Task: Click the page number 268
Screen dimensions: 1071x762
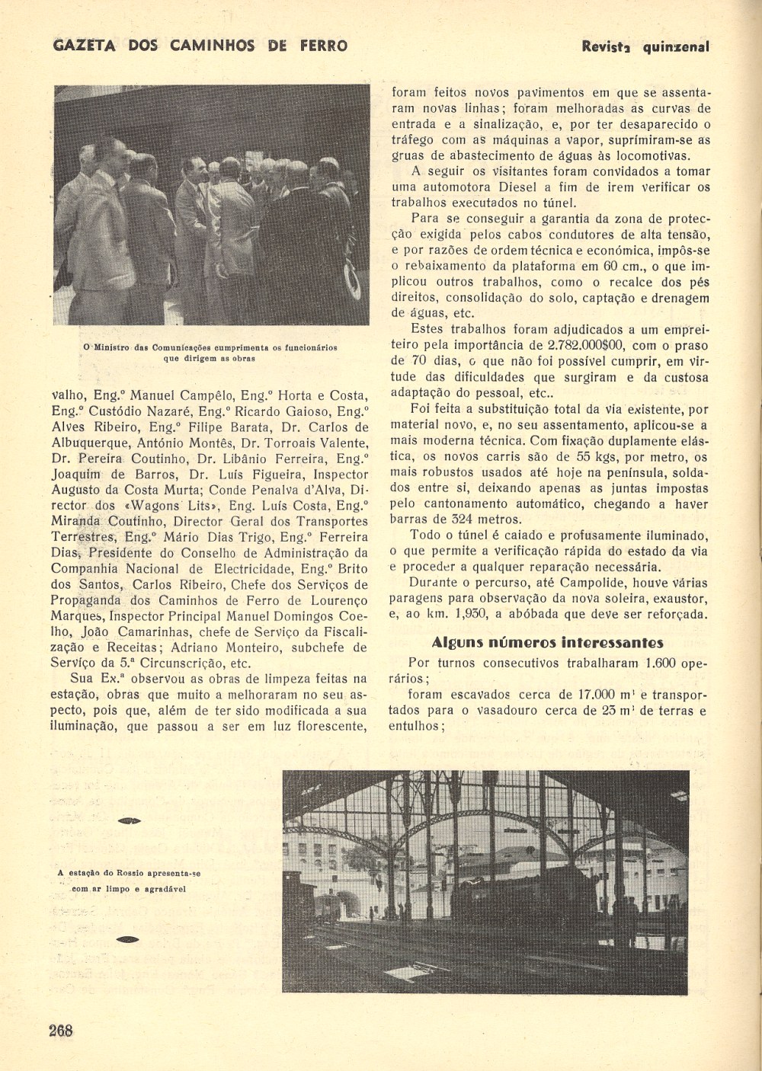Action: click(61, 1031)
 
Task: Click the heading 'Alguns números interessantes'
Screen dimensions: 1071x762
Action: click(547, 642)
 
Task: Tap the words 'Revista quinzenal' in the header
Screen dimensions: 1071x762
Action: click(645, 46)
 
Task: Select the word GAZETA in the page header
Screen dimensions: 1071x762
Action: click(85, 46)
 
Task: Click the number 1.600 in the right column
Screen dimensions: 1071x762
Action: click(660, 663)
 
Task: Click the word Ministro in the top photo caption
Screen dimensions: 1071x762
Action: click(113, 347)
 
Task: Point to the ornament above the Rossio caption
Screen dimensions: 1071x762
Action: click(130, 820)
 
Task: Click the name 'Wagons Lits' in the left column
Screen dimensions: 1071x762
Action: click(171, 506)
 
